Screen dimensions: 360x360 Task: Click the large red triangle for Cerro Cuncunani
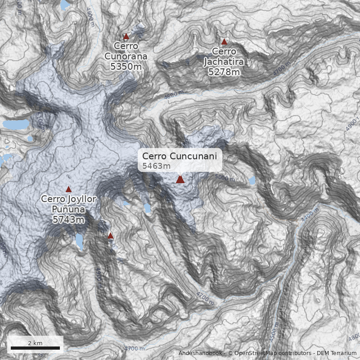click(x=180, y=179)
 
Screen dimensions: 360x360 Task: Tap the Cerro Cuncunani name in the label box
click(x=180, y=156)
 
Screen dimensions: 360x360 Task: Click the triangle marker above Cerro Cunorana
click(x=126, y=36)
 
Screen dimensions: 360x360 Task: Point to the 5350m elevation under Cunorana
click(x=126, y=67)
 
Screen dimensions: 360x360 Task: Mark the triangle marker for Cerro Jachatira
click(x=224, y=42)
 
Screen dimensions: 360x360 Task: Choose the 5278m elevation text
click(x=223, y=72)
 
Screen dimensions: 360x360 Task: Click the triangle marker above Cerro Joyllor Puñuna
click(x=68, y=189)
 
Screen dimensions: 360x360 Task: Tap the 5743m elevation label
click(x=68, y=220)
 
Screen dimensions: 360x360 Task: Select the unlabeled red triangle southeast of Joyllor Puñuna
click(x=110, y=235)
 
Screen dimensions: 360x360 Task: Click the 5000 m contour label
click(x=225, y=178)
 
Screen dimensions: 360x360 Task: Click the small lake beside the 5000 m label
click(x=252, y=181)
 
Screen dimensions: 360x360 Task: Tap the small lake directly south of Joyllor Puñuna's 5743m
click(x=79, y=242)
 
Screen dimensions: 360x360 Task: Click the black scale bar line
click(x=35, y=348)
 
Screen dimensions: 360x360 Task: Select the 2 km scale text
click(x=35, y=343)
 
